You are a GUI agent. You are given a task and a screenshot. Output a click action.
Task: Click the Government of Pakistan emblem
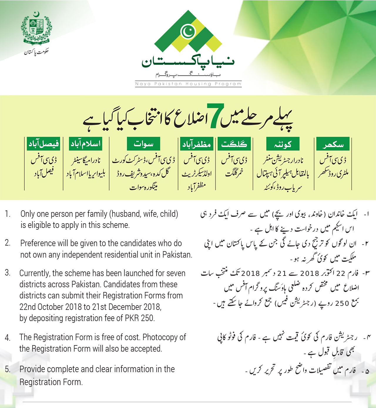(36, 28)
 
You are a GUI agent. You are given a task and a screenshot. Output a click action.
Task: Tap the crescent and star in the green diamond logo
(188, 31)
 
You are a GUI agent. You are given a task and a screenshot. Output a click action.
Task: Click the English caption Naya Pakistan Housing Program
(188, 84)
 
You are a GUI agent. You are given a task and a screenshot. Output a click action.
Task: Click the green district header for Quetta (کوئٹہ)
(283, 145)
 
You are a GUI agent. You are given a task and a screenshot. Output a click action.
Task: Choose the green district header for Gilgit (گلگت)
(234, 144)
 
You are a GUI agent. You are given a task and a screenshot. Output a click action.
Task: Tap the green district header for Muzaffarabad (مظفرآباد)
(197, 144)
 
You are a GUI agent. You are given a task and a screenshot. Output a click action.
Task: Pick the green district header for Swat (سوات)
(143, 144)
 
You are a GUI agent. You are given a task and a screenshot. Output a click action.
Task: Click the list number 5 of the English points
(7, 369)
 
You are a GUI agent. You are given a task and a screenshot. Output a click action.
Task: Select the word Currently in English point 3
(34, 273)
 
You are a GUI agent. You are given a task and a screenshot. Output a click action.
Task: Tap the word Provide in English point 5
(32, 369)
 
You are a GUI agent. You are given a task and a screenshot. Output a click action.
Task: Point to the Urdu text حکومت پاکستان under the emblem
(36, 52)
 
